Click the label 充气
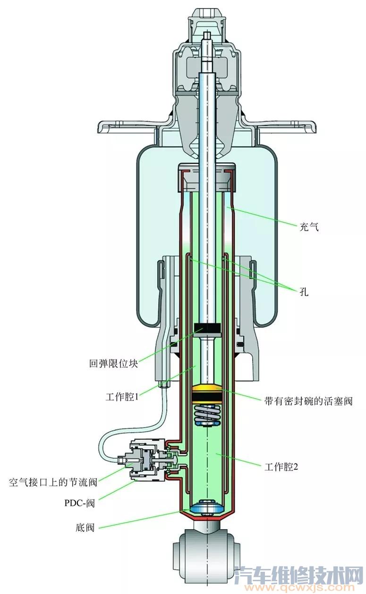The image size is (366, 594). [309, 227]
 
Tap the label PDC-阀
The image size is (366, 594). [79, 503]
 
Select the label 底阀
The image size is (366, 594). [85, 527]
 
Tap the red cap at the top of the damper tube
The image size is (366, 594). [207, 169]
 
